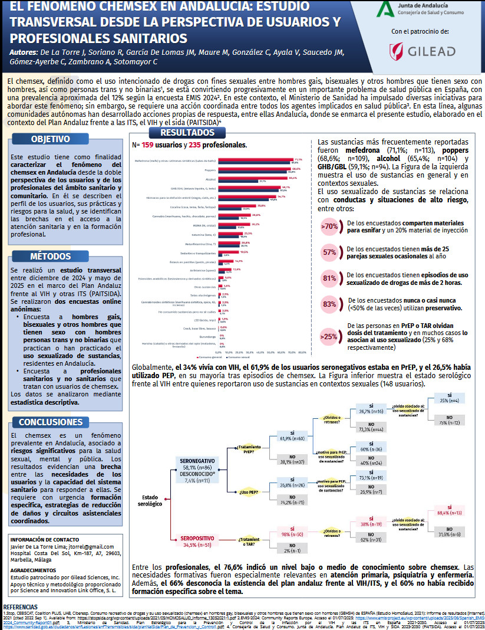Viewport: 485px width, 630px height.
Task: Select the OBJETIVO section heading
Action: pos(51,139)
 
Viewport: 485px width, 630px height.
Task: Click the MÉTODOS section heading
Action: pos(51,256)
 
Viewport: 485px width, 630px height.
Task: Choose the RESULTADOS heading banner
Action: pos(187,132)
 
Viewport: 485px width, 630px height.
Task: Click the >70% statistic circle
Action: pos(329,226)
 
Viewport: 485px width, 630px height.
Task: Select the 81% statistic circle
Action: pos(329,278)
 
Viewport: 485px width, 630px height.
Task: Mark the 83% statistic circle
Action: pos(329,304)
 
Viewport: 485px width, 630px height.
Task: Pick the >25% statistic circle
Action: pos(329,336)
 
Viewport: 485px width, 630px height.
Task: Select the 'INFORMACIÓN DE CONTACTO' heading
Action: pos(45,539)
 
